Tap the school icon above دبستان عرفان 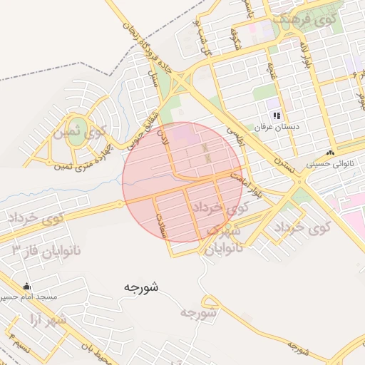[x=276, y=115]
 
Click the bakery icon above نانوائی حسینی [x=330, y=153]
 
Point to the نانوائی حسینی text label [x=329, y=164]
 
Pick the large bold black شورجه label [x=140, y=287]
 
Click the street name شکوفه [x=233, y=35]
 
